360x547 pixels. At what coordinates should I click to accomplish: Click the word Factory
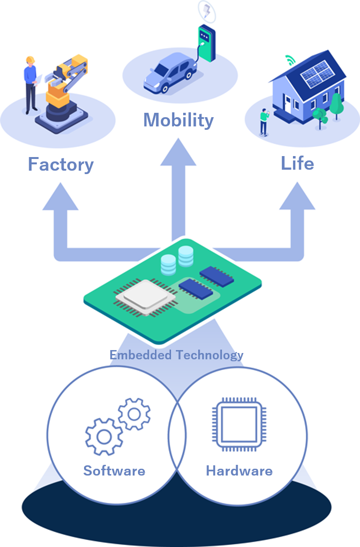coord(61,164)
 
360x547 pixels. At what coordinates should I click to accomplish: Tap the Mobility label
coord(178,120)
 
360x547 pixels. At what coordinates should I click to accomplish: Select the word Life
coord(297,163)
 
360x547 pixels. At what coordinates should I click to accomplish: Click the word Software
coord(114,471)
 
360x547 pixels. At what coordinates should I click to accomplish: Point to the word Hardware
coord(239,471)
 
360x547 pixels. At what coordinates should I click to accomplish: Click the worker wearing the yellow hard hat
coord(31,83)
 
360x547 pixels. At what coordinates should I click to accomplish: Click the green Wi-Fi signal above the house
coord(290,61)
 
